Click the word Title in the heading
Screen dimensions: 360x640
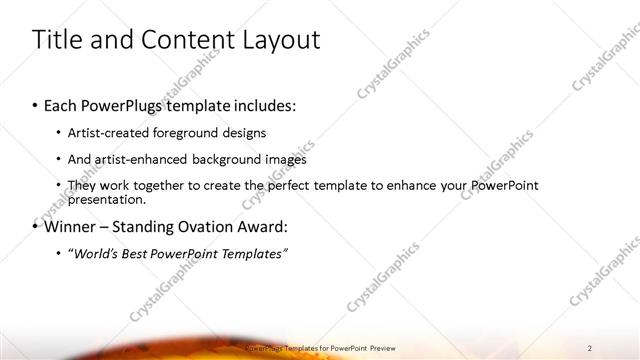(58, 40)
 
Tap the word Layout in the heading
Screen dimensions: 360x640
(276, 40)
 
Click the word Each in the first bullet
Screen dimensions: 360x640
(62, 106)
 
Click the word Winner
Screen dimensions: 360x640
(70, 227)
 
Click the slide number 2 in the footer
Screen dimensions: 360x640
(590, 347)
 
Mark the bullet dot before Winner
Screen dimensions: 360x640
(36, 227)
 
